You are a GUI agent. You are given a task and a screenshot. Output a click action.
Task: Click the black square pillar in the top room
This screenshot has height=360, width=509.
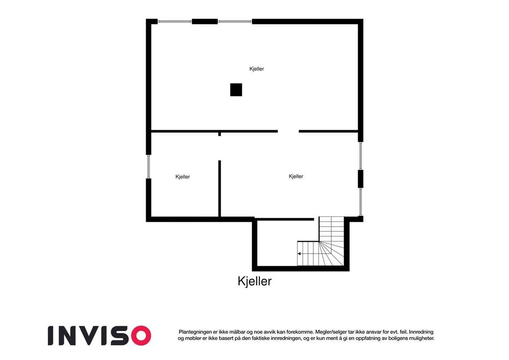point(236,90)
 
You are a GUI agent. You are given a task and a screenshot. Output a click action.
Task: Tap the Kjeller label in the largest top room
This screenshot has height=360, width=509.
point(257,69)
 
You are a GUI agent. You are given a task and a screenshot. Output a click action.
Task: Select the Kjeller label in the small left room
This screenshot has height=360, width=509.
point(183,177)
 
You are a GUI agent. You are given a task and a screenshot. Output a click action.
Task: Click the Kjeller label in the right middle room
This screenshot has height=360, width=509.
point(296,177)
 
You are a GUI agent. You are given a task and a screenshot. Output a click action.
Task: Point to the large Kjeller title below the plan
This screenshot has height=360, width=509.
point(255,281)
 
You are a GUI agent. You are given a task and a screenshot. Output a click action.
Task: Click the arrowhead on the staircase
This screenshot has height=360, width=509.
point(299,254)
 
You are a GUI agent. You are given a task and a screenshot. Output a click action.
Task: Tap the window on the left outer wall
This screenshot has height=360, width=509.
point(149,166)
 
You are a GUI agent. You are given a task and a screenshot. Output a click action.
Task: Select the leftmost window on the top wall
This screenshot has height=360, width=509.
point(175,21)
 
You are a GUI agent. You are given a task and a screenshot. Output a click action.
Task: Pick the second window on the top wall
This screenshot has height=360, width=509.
point(235,21)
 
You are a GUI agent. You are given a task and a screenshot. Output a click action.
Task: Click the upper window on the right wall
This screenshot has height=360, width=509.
point(361,156)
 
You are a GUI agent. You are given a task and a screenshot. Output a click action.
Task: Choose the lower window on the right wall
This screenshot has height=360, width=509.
point(361,202)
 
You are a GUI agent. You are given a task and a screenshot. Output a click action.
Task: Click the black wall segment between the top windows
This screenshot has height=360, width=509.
point(204,21)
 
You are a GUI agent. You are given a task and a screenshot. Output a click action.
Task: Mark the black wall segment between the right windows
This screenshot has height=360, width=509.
point(361,179)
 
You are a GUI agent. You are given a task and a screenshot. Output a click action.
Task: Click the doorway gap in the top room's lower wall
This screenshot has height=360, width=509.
point(288,131)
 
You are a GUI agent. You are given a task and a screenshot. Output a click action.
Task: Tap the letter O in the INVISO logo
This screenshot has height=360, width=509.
point(141,335)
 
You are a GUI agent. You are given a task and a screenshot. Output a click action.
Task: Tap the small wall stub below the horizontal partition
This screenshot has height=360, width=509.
point(220,134)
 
